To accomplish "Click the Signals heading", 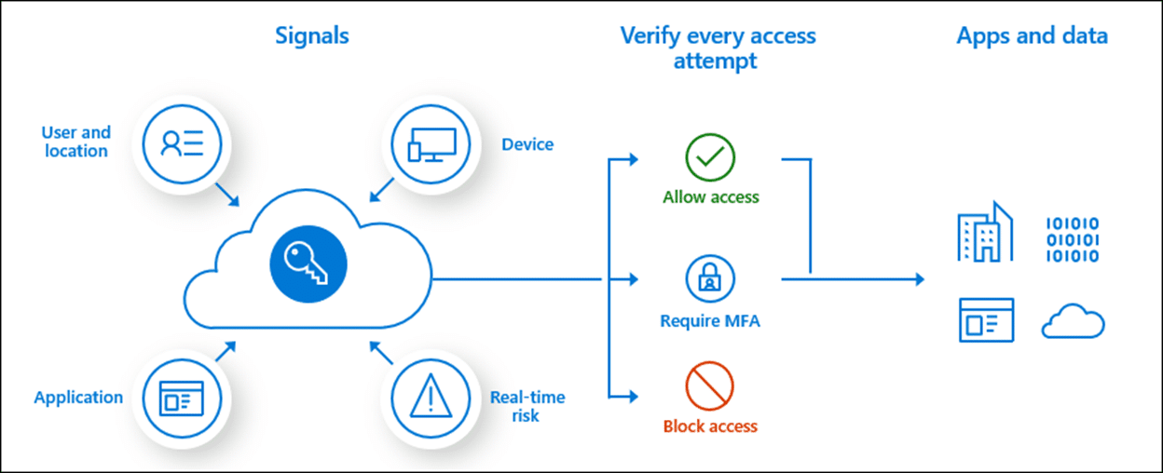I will (x=312, y=36).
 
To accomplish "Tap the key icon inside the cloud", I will (x=308, y=264).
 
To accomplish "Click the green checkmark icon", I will (x=710, y=158).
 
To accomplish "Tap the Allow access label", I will (x=711, y=197).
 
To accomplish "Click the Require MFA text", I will (x=710, y=321).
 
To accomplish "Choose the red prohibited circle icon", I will (x=710, y=386).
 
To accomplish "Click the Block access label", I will (x=710, y=426).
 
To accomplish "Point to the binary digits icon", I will (x=1073, y=238).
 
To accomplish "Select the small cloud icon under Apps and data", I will (x=1073, y=321).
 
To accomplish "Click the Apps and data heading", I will (x=1033, y=36).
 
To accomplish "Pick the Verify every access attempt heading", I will (x=718, y=48).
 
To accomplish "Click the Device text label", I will (x=527, y=144).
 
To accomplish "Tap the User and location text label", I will (x=76, y=142).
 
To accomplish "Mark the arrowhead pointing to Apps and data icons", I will (x=920, y=279).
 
